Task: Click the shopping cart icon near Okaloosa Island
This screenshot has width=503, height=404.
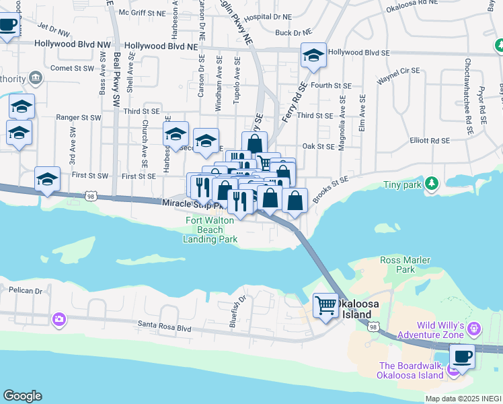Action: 326,306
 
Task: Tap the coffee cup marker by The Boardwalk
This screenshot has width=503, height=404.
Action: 461,357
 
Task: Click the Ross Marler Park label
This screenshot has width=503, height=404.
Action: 405,265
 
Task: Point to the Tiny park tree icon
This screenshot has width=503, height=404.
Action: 431,184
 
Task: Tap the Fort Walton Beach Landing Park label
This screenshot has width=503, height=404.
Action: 212,230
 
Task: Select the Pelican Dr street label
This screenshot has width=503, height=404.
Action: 26,291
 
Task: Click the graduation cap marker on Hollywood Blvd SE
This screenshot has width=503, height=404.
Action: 313,55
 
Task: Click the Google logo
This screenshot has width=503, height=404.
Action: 22,396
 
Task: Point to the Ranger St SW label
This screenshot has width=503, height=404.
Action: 78,117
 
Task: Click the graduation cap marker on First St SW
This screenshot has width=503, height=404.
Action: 48,179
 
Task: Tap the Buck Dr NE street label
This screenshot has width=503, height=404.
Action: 294,32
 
